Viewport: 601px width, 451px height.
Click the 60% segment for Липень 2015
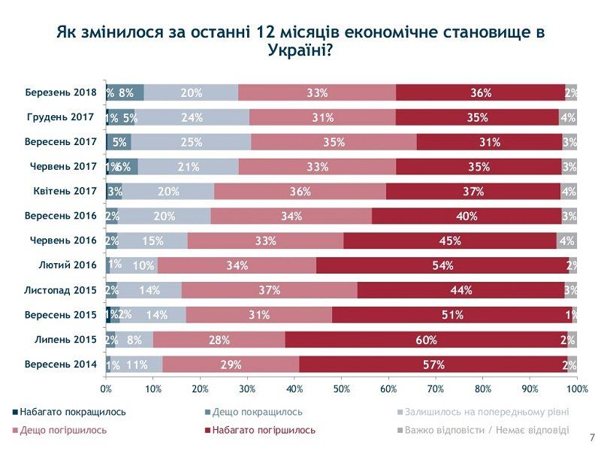pos(426,340)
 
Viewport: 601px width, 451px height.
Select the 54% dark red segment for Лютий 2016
pos(442,265)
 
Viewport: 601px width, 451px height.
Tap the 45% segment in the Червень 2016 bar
pos(450,241)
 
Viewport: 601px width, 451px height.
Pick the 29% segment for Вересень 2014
pos(231,365)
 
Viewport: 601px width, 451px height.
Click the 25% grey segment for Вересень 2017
pos(192,142)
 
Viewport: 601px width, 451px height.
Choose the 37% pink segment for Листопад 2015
pos(269,290)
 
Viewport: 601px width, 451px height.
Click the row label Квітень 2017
pos(66,191)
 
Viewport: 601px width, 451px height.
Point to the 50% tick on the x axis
pos(341,389)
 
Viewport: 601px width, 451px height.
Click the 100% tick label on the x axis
pos(577,389)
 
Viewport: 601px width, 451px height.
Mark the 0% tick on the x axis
pos(106,389)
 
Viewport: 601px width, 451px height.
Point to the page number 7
pos(592,437)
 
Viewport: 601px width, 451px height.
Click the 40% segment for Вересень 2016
pos(467,216)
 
